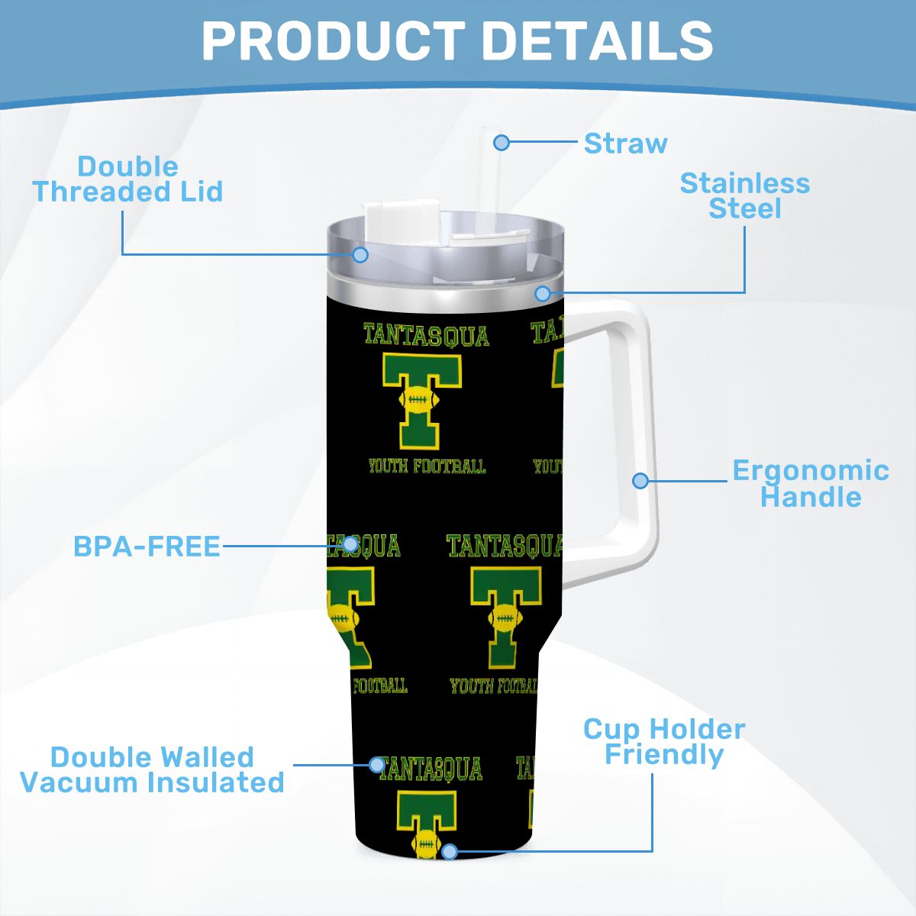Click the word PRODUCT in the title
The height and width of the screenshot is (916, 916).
(x=334, y=41)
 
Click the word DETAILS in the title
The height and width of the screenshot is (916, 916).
(x=598, y=41)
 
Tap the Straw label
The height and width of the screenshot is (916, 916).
(x=625, y=143)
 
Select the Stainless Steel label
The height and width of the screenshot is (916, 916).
(x=744, y=196)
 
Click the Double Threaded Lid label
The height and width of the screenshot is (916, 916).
(x=128, y=179)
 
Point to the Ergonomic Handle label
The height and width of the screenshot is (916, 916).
(x=811, y=483)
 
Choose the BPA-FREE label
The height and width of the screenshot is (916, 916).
(x=147, y=547)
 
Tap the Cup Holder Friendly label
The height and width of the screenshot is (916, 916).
(x=664, y=743)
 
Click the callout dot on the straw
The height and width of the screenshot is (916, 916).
(x=502, y=142)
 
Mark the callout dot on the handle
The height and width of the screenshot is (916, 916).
(x=640, y=481)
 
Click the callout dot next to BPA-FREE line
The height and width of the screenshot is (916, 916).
(x=350, y=544)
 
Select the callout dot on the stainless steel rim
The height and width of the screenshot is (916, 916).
(x=543, y=293)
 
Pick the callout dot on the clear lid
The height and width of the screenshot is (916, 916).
(x=360, y=255)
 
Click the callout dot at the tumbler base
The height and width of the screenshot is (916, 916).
(x=449, y=851)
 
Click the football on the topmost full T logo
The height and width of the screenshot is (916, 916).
(x=419, y=399)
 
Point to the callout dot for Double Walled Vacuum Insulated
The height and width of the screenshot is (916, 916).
(x=377, y=764)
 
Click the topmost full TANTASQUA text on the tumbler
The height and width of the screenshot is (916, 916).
(x=427, y=335)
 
